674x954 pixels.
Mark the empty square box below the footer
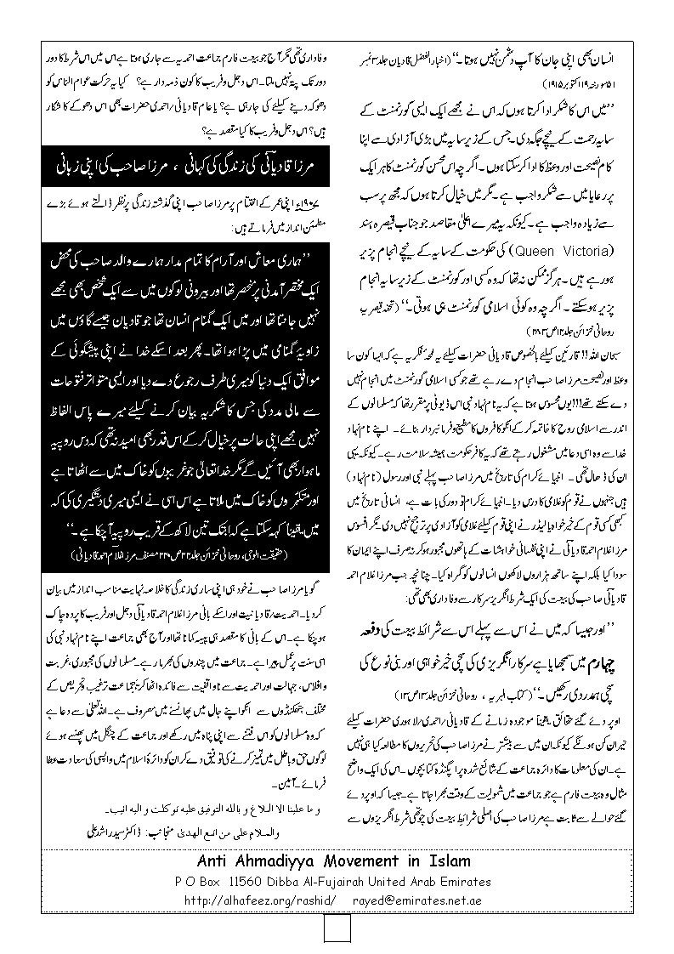point(337,933)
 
